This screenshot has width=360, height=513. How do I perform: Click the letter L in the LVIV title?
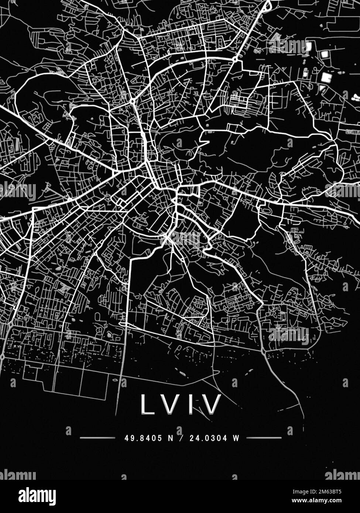tap(148, 404)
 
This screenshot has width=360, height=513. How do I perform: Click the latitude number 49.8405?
tap(144, 438)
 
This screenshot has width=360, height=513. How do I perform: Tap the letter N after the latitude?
tap(170, 438)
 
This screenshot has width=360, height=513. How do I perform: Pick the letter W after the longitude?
tap(236, 438)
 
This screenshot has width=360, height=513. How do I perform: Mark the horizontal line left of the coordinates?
tap(97, 438)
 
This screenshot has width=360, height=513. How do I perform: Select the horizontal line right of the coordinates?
tap(264, 438)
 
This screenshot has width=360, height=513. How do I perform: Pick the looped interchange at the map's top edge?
tap(267, 5)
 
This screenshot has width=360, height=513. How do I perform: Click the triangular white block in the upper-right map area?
tap(322, 88)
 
